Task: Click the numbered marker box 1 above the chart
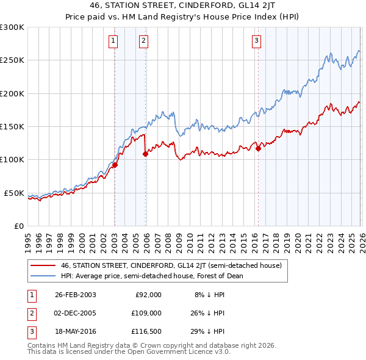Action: [x=114, y=41]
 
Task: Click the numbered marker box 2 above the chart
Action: [x=143, y=41]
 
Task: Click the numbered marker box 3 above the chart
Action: [x=256, y=41]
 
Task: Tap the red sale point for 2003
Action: [x=115, y=165]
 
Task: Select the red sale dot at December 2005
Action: [x=145, y=154]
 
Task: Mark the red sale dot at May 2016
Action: [x=258, y=148]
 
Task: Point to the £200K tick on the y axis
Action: [x=12, y=94]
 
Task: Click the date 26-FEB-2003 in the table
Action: [x=75, y=295]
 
